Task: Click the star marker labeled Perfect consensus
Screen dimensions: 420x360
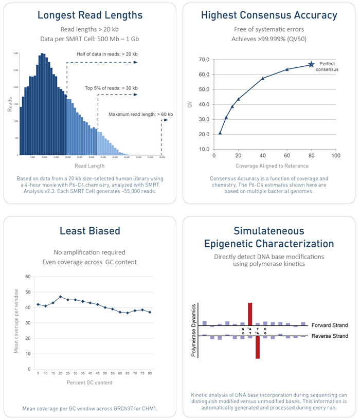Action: (311, 64)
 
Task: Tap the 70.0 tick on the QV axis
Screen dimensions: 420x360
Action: (203, 60)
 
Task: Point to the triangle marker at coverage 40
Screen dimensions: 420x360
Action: (263, 78)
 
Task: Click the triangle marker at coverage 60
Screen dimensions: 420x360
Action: (287, 69)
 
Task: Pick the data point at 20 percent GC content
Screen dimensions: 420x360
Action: (61, 297)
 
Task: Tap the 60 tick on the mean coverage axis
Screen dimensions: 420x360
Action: (28, 277)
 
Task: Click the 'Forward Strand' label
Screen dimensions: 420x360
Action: (329, 325)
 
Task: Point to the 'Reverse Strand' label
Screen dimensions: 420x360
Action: (329, 336)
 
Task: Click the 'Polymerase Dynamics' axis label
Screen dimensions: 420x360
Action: (194, 330)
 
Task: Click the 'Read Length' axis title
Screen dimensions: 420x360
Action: (90, 166)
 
